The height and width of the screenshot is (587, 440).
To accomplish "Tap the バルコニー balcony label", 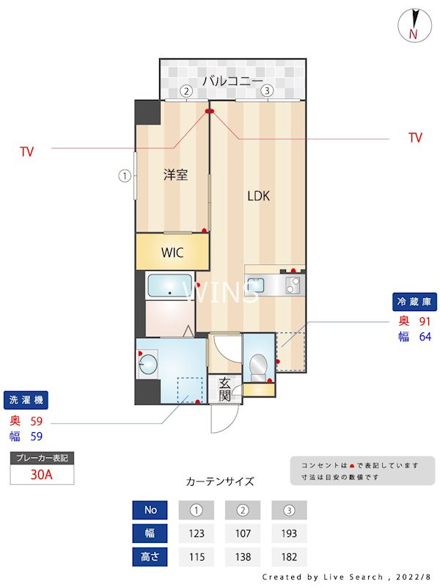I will [232, 80].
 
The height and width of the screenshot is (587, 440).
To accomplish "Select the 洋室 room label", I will [175, 175].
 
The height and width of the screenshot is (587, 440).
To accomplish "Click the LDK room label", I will [258, 196].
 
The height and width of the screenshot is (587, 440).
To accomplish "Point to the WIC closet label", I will [172, 253].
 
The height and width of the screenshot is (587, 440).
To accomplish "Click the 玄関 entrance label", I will [224, 389].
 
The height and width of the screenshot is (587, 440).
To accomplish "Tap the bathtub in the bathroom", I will [169, 285].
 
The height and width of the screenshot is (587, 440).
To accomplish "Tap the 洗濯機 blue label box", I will [26, 401].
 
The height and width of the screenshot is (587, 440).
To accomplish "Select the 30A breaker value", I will [42, 475].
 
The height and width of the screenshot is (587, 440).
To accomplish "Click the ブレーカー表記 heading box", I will [42, 458].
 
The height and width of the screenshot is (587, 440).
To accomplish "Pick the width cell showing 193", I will [289, 533].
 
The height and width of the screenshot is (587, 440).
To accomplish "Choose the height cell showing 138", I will [243, 557].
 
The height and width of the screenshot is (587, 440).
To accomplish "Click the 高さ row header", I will [150, 557].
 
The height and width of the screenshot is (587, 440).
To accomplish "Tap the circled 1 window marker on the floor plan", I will [125, 176].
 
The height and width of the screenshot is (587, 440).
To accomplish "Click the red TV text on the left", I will [27, 152].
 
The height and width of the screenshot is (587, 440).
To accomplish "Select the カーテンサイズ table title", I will [220, 481].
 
